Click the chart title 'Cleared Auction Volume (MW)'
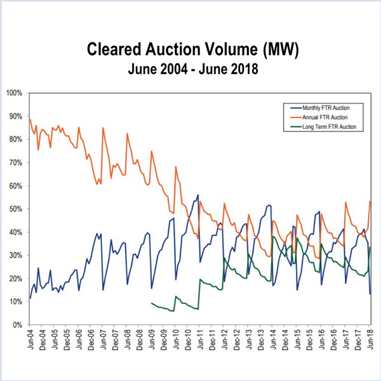[190, 50]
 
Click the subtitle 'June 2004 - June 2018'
[190, 69]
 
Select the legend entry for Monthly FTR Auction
[323, 109]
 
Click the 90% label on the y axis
[15, 116]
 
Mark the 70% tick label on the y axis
[15, 163]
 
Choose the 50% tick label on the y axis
[15, 209]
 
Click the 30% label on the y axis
[15, 255]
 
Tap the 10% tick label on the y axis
[15, 302]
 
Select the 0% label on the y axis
[17, 324]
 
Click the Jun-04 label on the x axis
[30, 340]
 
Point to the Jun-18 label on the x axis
[371, 340]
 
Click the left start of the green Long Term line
[151, 303]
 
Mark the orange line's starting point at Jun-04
[30, 119]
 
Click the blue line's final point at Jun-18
[371, 293]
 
